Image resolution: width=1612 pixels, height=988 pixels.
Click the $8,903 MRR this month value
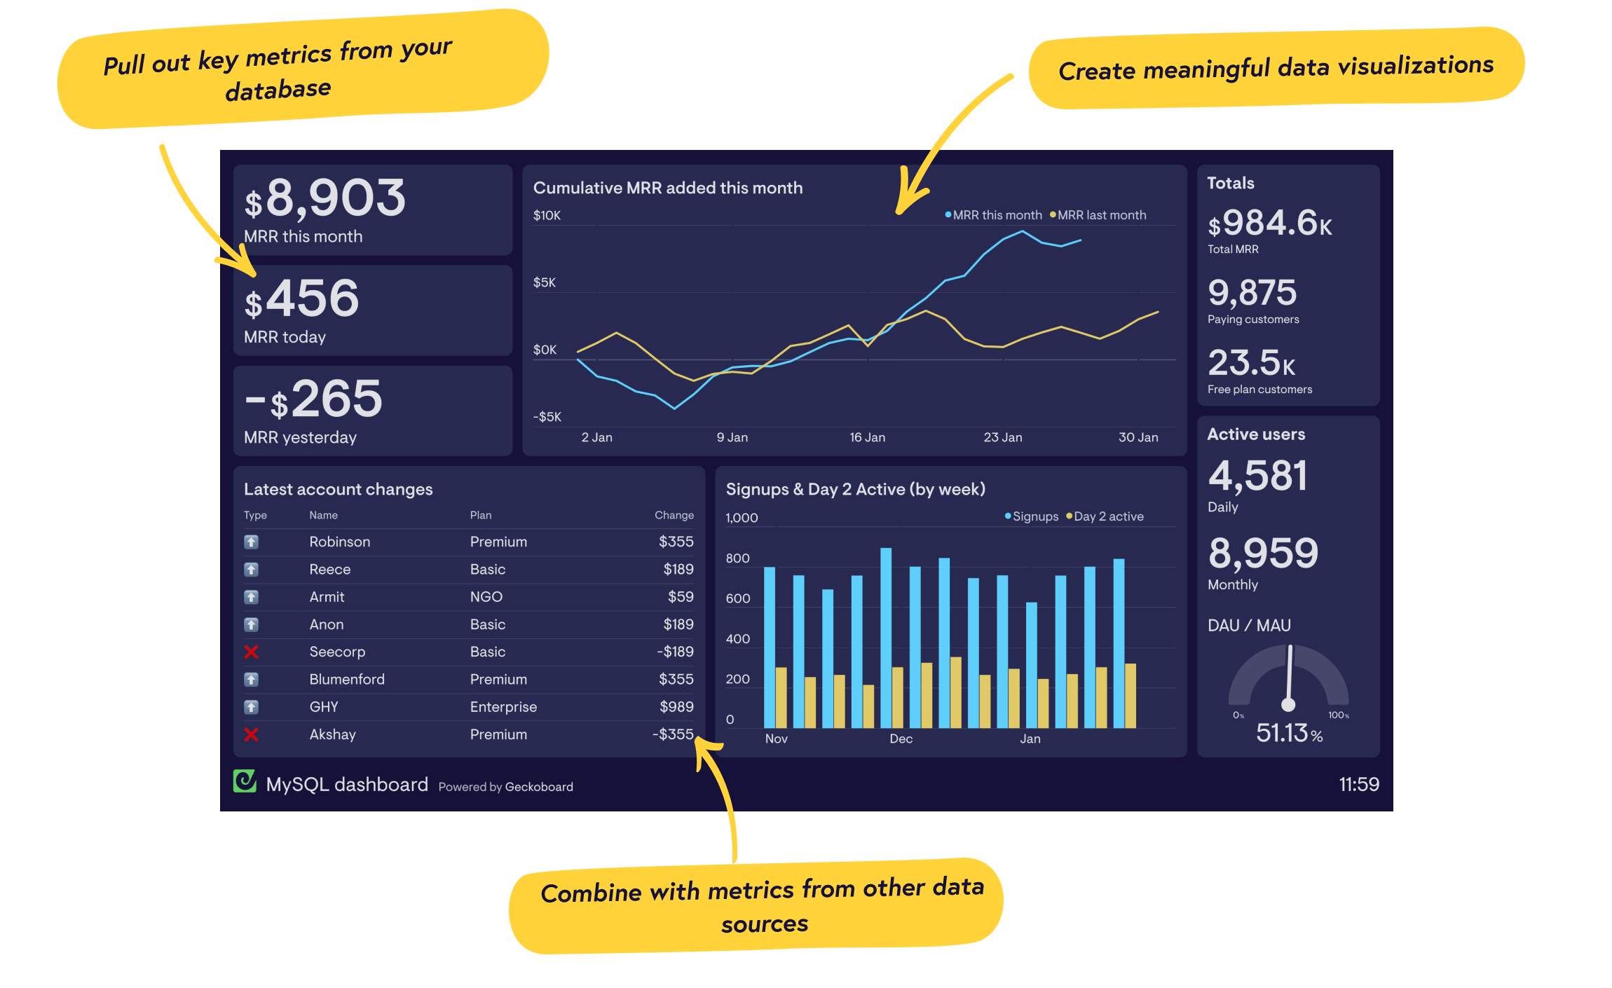coord(325,198)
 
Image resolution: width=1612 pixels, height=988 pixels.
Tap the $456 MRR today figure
coord(302,299)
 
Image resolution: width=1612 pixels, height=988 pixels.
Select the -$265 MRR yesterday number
coord(314,399)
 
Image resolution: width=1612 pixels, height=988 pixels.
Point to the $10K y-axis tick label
coord(547,215)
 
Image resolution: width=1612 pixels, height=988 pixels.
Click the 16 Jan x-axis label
coord(867,437)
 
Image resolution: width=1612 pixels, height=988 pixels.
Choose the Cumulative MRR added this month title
coord(667,188)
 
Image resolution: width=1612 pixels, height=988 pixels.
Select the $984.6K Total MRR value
coord(1269,224)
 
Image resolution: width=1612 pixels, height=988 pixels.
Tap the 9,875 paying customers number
coord(1252,293)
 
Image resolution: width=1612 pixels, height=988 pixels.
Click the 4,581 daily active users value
coord(1257,476)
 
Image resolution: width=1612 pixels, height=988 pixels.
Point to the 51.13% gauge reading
coord(1288,733)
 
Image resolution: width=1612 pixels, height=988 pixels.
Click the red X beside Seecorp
coord(251,652)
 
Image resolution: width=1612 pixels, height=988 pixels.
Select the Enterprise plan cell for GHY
coord(503,707)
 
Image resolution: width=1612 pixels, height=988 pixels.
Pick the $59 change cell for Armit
coord(681,597)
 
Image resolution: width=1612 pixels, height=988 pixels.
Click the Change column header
coord(674,515)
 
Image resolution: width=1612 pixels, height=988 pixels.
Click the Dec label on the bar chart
coord(901,739)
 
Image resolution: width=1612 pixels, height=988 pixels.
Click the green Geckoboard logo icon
coord(245,781)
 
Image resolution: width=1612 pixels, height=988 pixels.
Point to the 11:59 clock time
coord(1358,784)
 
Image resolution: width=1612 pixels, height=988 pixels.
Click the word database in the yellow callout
coord(278,90)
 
